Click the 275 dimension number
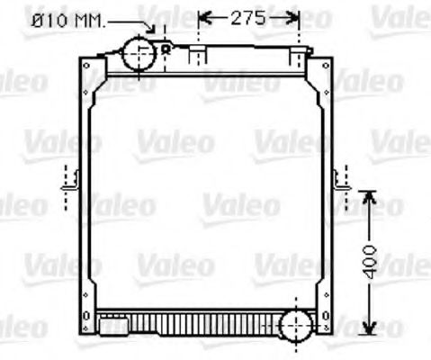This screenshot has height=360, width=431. point(248,17)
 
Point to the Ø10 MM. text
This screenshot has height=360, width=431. point(64,19)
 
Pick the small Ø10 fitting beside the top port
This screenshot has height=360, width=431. point(166,49)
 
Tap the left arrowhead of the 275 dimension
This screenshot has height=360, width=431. point(202,17)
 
